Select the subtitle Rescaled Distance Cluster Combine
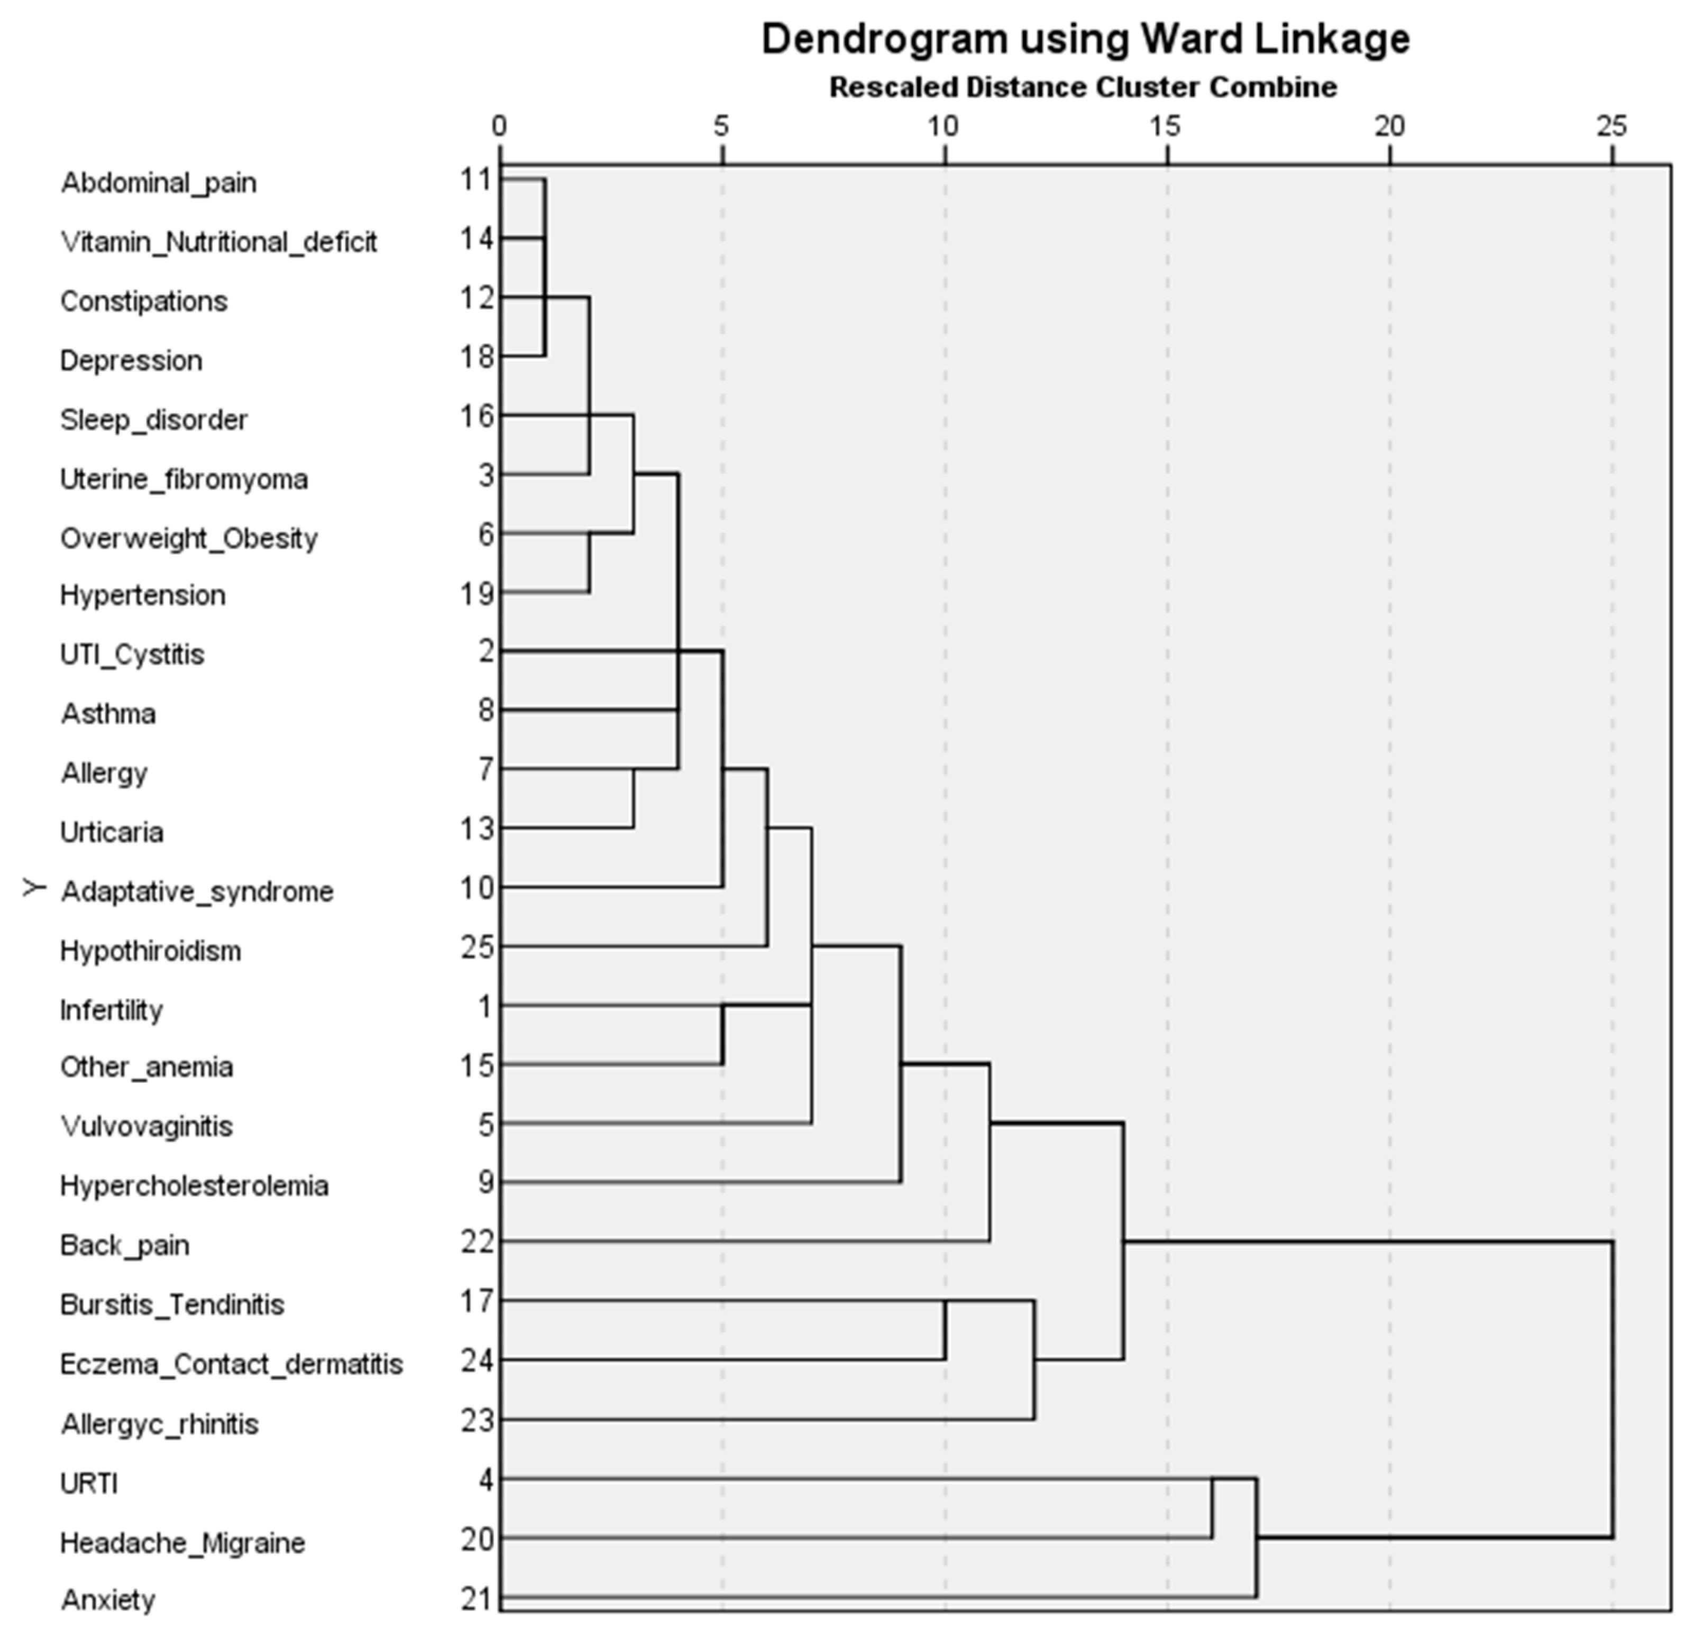(x=1083, y=87)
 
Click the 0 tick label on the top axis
(x=500, y=127)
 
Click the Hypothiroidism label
(x=150, y=951)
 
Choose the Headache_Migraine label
(x=182, y=1543)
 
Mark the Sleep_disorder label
(x=154, y=420)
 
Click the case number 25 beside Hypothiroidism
(x=477, y=948)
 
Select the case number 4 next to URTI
(x=486, y=1480)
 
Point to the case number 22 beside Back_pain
(x=477, y=1243)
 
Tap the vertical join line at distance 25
(x=1612, y=1389)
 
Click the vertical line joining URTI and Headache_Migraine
(x=1212, y=1509)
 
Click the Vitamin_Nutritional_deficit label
(x=218, y=242)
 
